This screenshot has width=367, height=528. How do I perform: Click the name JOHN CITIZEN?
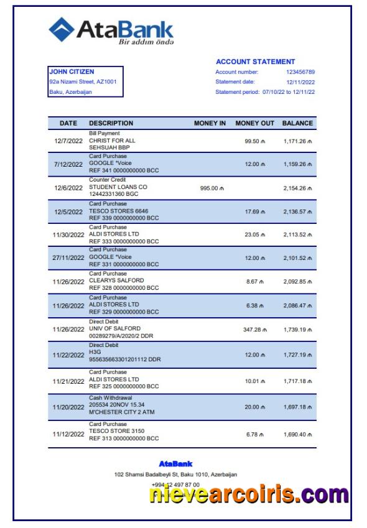tap(72, 72)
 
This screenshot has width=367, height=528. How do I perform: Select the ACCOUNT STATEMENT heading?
tap(255, 62)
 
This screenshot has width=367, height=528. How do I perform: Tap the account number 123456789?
tap(300, 72)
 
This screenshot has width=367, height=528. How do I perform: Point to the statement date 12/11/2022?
tap(300, 82)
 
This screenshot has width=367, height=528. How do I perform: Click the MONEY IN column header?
tap(210, 123)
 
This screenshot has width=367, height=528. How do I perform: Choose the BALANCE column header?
tap(297, 123)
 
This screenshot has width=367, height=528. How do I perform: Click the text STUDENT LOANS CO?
tap(118, 187)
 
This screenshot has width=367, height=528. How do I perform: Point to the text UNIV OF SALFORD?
tap(114, 328)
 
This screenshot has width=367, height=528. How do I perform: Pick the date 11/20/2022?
tap(68, 407)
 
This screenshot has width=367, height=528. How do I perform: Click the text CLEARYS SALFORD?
tap(117, 280)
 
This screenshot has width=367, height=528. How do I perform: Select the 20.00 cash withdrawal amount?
tap(254, 407)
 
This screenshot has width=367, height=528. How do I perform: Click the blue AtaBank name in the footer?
tap(175, 463)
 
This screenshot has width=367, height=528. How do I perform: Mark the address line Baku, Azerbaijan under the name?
tap(70, 92)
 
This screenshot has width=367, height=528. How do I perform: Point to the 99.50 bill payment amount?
tap(254, 141)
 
